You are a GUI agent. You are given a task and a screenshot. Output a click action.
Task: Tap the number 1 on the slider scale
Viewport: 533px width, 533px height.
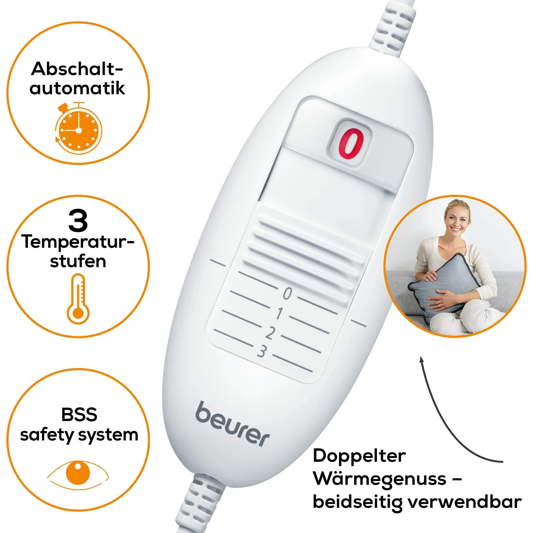[x=280, y=313]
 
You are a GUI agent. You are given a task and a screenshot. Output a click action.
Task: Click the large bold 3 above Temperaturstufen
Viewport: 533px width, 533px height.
[x=78, y=221]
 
